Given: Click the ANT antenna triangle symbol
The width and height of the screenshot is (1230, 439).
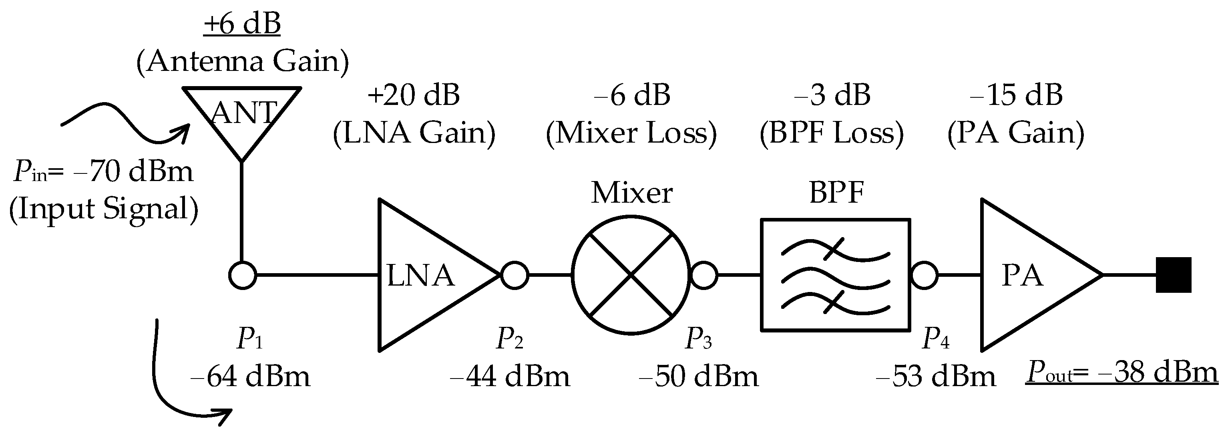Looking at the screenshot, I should pyautogui.click(x=242, y=117).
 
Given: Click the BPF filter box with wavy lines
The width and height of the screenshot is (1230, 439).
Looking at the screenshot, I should pyautogui.click(x=835, y=275).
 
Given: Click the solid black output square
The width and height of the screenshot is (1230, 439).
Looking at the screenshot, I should pyautogui.click(x=1173, y=275).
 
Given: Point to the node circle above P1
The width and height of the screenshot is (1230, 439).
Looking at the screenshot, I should pyautogui.click(x=243, y=276).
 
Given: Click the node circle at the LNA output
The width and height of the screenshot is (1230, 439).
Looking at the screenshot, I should pyautogui.click(x=515, y=275).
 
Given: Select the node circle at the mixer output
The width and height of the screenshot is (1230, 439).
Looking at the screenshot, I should pyautogui.click(x=704, y=275).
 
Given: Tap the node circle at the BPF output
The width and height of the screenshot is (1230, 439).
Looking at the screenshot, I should pyautogui.click(x=925, y=275).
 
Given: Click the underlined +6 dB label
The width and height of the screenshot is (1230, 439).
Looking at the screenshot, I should pyautogui.click(x=242, y=24).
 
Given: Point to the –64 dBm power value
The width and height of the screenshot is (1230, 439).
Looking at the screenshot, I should pyautogui.click(x=250, y=377).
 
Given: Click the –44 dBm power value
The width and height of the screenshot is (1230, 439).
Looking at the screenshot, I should pyautogui.click(x=510, y=377).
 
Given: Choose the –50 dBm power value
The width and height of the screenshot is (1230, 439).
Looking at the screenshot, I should pyautogui.click(x=699, y=377).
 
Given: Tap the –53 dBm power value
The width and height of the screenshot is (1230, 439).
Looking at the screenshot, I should pyautogui.click(x=935, y=377).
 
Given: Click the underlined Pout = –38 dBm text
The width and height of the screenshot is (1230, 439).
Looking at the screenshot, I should pyautogui.click(x=1122, y=373).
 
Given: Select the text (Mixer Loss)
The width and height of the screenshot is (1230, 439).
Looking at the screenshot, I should pyautogui.click(x=631, y=133).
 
